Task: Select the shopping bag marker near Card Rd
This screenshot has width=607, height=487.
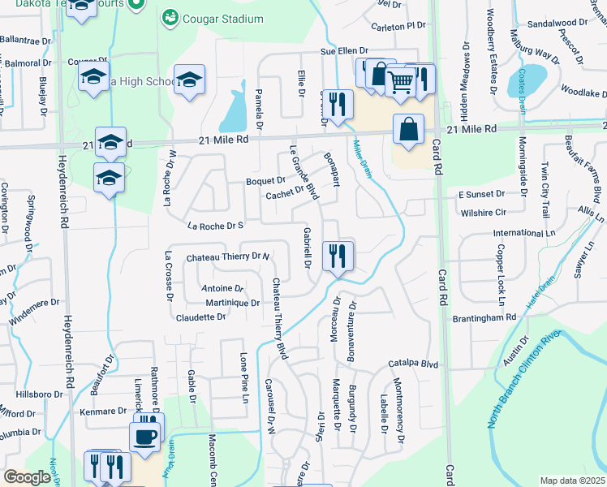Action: tap(408, 130)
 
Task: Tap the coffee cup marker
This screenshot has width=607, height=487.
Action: tap(145, 437)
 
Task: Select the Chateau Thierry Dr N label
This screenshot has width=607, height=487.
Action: tap(227, 256)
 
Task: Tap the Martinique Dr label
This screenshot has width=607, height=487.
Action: tap(232, 303)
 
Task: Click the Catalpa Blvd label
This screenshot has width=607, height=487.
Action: tap(413, 364)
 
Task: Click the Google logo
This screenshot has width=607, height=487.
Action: tap(27, 477)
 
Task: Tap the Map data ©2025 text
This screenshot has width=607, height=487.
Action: tap(572, 481)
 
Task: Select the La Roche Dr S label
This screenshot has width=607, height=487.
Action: tap(215, 225)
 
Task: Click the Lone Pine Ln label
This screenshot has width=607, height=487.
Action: tap(243, 377)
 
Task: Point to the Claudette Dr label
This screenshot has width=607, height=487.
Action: tap(200, 317)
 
